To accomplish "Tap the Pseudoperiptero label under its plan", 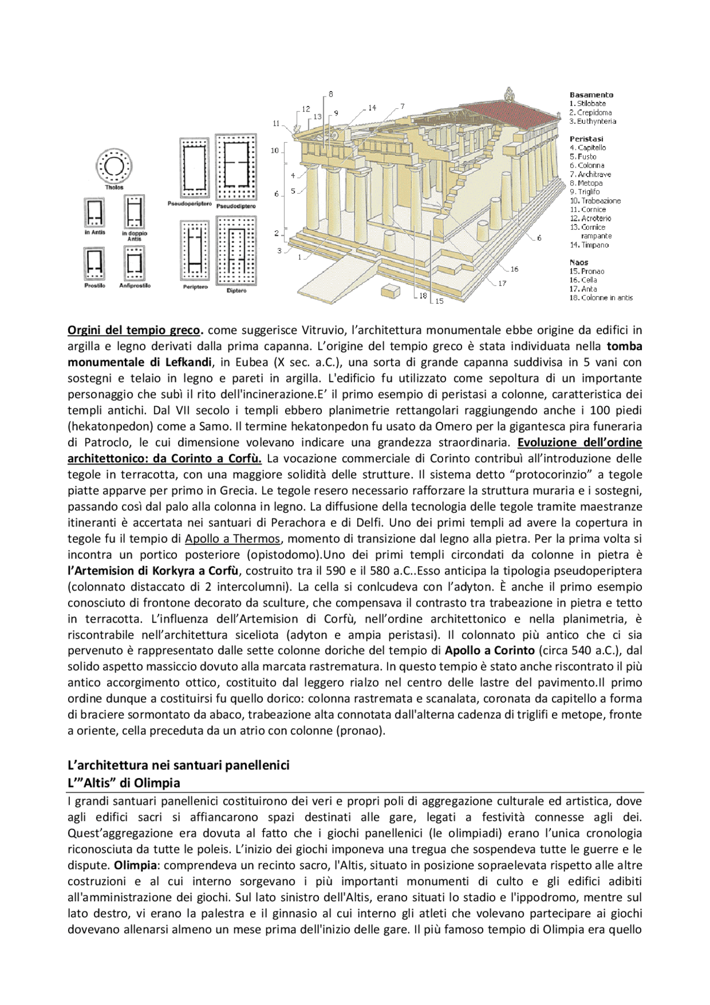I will (x=190, y=204).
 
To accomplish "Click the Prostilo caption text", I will (x=95, y=286).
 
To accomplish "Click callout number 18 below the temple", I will (x=423, y=296).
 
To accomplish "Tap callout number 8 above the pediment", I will (x=331, y=94).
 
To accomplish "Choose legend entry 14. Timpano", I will (x=589, y=245).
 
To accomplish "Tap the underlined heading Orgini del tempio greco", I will (x=134, y=331).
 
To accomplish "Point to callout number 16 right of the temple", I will (x=514, y=269).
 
